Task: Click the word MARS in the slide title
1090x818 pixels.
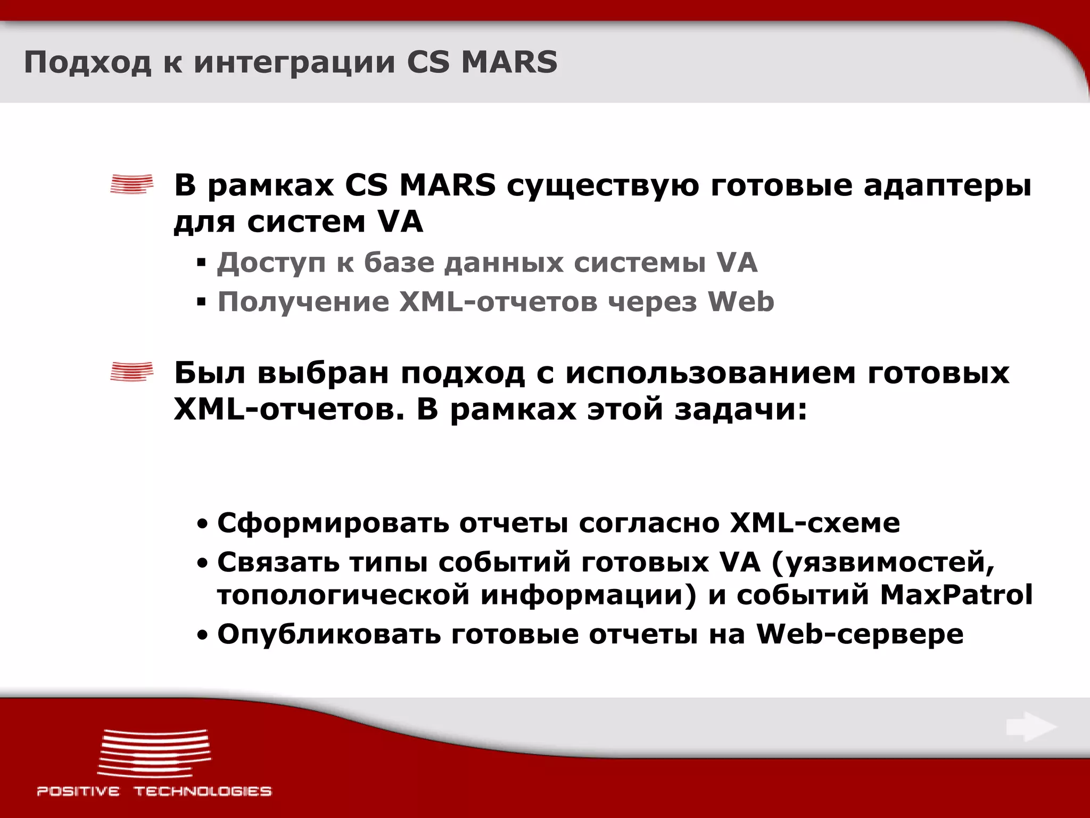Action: click(x=509, y=62)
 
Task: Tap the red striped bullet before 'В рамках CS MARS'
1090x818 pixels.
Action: click(x=131, y=184)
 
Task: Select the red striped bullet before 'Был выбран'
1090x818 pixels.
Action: click(x=131, y=372)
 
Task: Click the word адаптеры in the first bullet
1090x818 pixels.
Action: click(x=947, y=186)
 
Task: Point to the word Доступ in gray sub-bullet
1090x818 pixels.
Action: click(x=271, y=263)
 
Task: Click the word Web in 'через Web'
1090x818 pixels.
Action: click(x=741, y=302)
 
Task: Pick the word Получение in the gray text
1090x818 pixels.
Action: click(x=303, y=302)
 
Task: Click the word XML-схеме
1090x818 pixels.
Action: click(x=815, y=523)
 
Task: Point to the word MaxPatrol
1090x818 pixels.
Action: click(x=956, y=595)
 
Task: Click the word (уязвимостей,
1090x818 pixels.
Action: click(x=882, y=562)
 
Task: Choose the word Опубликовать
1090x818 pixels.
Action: click(x=329, y=634)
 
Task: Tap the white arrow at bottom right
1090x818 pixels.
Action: click(x=1031, y=727)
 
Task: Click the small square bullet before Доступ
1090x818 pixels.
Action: click(x=201, y=263)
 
